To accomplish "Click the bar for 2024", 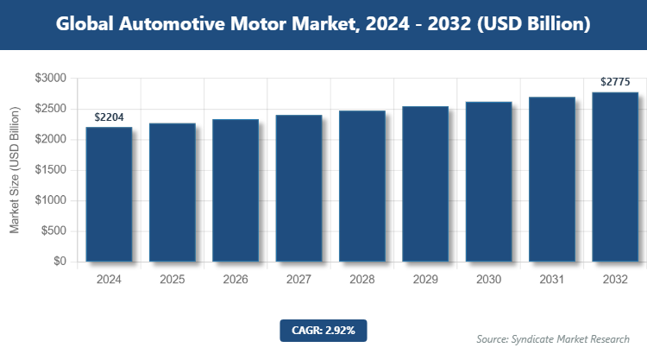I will [x=109, y=194].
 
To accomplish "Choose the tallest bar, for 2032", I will [x=614, y=177].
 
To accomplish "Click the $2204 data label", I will [x=109, y=117].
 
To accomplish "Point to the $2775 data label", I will [x=614, y=82].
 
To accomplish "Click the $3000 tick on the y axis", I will [x=50, y=79].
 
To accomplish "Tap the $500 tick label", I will [x=53, y=231].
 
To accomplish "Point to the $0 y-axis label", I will [x=60, y=262].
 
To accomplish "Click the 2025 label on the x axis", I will [x=172, y=280].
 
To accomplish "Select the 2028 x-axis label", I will [x=361, y=280].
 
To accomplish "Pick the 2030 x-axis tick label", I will [x=488, y=280].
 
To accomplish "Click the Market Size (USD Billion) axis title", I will [x=15, y=170].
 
